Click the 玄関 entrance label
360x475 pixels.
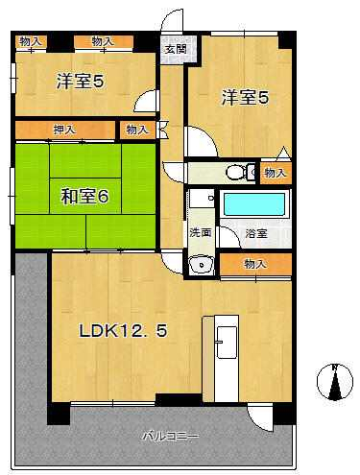coord(176,49)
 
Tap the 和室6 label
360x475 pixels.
coord(85,197)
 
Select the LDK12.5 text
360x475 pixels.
coord(123,330)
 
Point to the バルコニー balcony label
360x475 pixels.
coord(171,436)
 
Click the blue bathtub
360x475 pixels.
coord(254,204)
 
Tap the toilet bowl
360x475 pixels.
coord(236,173)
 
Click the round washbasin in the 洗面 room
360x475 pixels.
coord(202,265)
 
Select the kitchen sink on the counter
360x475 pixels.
coord(227,342)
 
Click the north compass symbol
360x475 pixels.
coord(335,382)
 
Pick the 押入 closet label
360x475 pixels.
coord(65,130)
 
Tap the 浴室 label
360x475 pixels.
coord(256,233)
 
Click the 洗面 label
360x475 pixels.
coord(201,232)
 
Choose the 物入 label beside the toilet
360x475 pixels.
coord(276,173)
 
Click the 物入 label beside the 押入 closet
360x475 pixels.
coord(137,130)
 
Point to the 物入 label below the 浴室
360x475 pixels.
coord(255,264)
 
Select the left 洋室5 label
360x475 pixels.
coord(81,82)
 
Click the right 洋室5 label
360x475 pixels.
coord(245,98)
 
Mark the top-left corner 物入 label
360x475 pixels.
coord(31,41)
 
